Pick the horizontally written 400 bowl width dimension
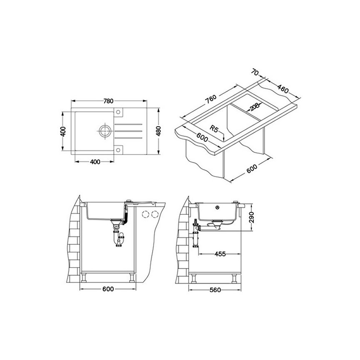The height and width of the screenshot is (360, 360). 95,162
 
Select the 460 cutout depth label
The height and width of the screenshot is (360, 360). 282,89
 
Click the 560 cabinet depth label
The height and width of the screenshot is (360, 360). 214,289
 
